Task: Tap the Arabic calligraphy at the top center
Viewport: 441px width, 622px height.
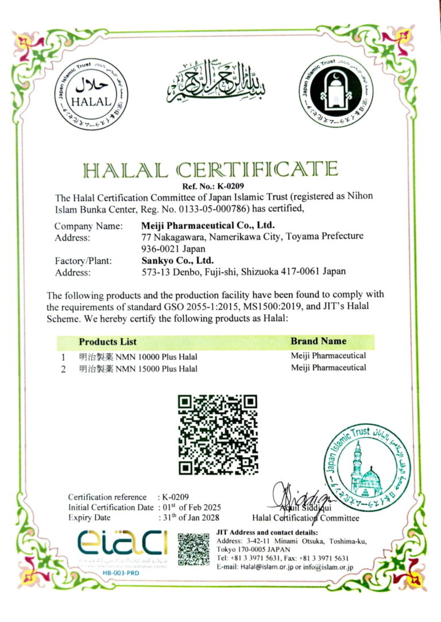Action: [x=216, y=80]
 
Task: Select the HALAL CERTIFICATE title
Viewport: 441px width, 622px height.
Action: [x=210, y=169]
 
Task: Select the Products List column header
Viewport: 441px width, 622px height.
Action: [x=107, y=341]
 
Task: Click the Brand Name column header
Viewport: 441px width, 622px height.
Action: [x=318, y=341]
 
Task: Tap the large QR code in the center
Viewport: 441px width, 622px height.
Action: [x=218, y=434]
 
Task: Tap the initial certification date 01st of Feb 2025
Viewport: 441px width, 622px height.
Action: [x=191, y=507]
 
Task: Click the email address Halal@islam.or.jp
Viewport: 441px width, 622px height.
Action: [x=256, y=567]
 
